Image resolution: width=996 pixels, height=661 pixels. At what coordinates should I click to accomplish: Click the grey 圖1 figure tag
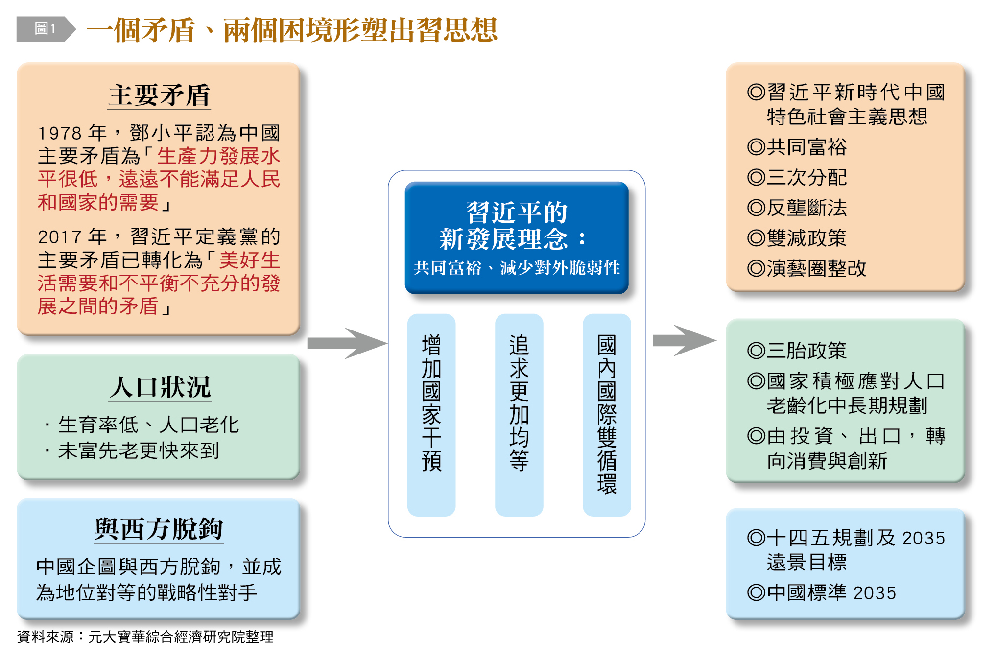pos(45,29)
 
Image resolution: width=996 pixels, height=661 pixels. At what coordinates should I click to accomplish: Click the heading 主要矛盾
pos(159,95)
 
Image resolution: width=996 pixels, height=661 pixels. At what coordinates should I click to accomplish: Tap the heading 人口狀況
pos(160,387)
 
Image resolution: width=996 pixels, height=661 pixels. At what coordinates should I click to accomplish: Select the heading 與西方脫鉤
pos(159,529)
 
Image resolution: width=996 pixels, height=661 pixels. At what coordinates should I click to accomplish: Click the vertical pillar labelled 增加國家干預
pos(431,414)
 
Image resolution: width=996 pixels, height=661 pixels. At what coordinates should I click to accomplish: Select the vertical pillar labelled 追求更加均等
pos(519,414)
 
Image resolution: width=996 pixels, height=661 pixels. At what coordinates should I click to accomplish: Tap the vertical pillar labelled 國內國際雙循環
pos(607,414)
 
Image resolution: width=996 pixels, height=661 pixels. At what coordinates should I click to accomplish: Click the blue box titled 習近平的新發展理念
pos(516,238)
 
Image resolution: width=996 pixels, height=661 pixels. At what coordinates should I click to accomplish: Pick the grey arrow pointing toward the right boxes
pos(684,340)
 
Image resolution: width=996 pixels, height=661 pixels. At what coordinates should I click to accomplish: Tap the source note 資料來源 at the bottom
pos(145,637)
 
